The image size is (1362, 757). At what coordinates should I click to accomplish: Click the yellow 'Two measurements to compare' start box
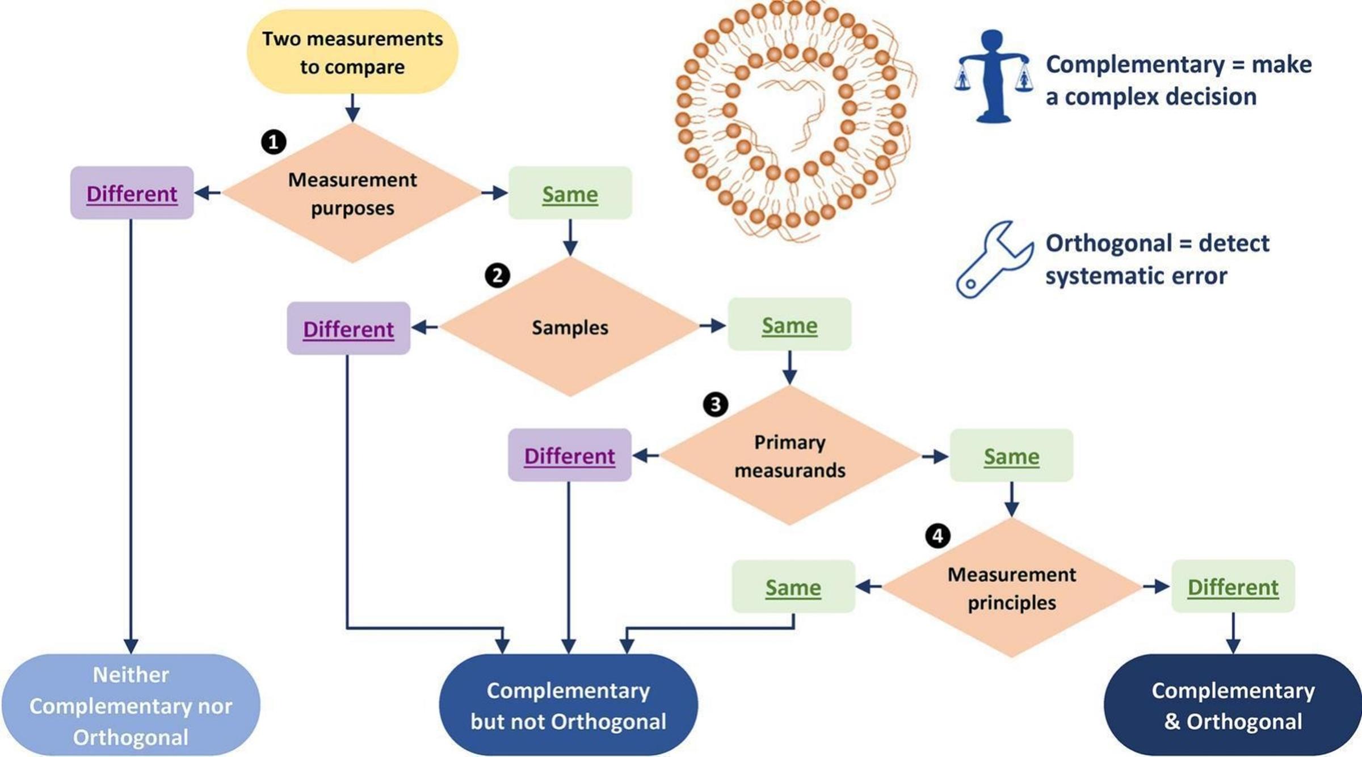pyautogui.click(x=352, y=52)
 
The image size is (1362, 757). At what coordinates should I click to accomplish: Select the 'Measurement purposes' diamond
pyautogui.click(x=352, y=194)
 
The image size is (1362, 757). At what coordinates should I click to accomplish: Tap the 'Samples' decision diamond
pyautogui.click(x=569, y=327)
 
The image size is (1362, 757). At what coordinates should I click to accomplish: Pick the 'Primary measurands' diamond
pyautogui.click(x=789, y=456)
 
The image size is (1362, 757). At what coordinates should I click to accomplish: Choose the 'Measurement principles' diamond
pyautogui.click(x=1011, y=588)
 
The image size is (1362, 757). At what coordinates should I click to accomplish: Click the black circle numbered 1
pyautogui.click(x=274, y=141)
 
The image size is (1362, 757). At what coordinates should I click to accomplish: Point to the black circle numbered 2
pyautogui.click(x=497, y=275)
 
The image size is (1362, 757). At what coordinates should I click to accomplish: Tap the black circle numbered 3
pyautogui.click(x=715, y=405)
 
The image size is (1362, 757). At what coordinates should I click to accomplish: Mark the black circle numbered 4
pyautogui.click(x=938, y=536)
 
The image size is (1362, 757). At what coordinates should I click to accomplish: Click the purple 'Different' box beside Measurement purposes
pyautogui.click(x=132, y=194)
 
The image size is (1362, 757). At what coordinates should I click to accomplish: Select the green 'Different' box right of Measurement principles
pyautogui.click(x=1233, y=587)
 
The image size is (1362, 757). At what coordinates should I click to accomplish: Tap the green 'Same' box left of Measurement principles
pyautogui.click(x=793, y=587)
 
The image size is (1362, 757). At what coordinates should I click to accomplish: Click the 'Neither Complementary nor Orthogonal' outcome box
pyautogui.click(x=131, y=705)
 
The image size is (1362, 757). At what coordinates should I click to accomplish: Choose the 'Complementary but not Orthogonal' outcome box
pyautogui.click(x=568, y=705)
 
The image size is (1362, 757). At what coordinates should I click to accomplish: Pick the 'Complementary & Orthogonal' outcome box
pyautogui.click(x=1233, y=705)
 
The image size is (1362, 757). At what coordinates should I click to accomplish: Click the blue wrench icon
pyautogui.click(x=993, y=260)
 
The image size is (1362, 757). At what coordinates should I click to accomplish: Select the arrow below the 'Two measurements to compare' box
pyautogui.click(x=352, y=108)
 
